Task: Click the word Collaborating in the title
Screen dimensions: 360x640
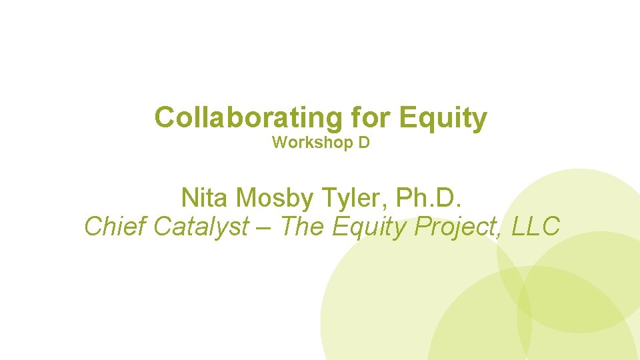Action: [x=247, y=118]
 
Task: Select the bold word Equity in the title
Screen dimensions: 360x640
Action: [x=443, y=118]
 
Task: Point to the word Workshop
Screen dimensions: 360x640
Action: [x=310, y=143]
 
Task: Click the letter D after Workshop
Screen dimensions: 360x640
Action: [x=364, y=143]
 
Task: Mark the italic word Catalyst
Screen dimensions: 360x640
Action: [x=201, y=227]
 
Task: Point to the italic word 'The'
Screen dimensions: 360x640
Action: [x=301, y=227]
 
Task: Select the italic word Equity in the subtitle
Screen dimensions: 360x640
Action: [x=369, y=227]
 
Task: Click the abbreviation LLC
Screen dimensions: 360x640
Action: [x=536, y=227]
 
